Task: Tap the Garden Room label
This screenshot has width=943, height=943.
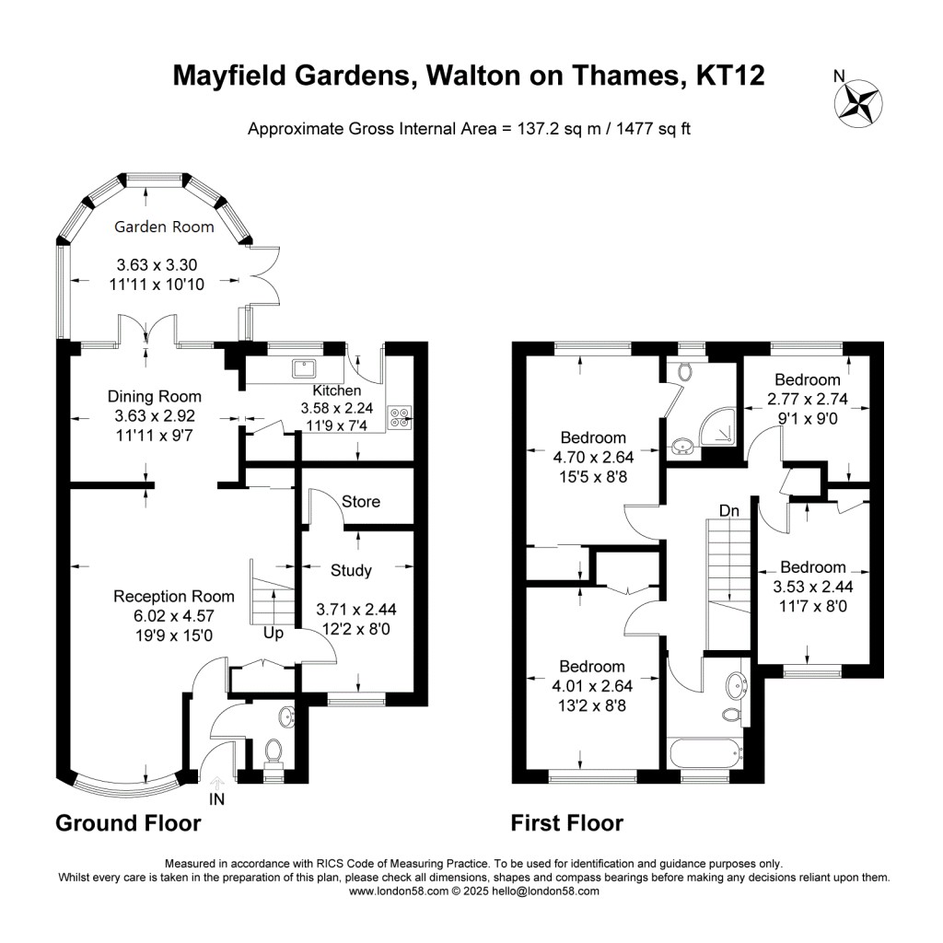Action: pos(163,227)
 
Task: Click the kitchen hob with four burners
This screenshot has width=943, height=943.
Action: pos(402,417)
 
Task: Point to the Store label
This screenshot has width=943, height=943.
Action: pos(360,502)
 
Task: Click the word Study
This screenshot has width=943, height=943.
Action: pos(351,571)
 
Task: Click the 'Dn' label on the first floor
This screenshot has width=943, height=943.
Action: pos(728,509)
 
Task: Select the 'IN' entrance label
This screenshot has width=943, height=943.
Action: pos(216,799)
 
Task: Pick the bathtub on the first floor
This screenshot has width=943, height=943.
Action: pos(705,752)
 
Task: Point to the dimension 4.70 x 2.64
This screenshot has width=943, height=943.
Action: pos(594,456)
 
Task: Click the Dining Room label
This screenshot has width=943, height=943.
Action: pos(148,397)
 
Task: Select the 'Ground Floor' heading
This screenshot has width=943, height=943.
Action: pos(128,822)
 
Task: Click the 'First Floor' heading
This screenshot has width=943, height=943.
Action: pos(567,822)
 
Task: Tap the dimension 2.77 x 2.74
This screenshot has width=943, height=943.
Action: pos(807,399)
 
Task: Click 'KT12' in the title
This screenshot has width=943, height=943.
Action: pos(730,76)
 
